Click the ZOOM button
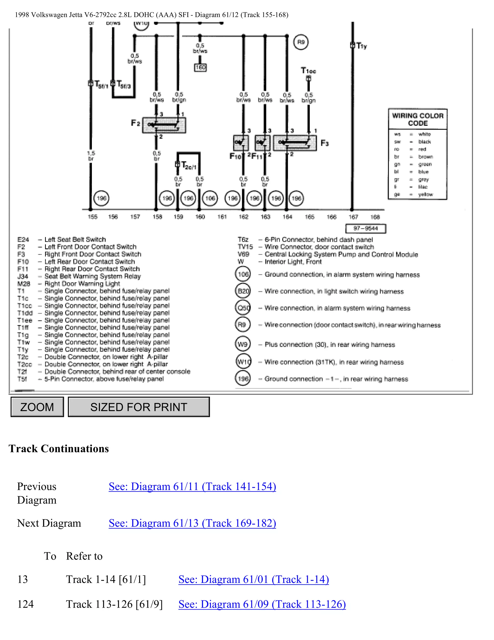pyautogui.click(x=37, y=407)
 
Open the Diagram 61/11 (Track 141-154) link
pyautogui.click(x=192, y=487)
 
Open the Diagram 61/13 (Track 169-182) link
pyautogui.click(x=192, y=523)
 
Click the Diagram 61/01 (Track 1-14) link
pyautogui.click(x=254, y=580)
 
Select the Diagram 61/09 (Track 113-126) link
pyautogui.click(x=262, y=604)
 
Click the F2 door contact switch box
pyautogui.click(x=164, y=125)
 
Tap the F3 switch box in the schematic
pyautogui.click(x=295, y=143)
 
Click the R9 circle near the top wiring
pyautogui.click(x=301, y=42)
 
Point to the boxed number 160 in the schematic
pyautogui.click(x=200, y=68)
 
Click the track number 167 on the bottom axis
pyautogui.click(x=353, y=217)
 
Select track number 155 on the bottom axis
pyautogui.click(x=92, y=217)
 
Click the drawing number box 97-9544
pyautogui.click(x=365, y=228)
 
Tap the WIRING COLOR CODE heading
pyautogui.click(x=418, y=119)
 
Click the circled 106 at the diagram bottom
pyautogui.click(x=210, y=198)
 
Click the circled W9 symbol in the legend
pyautogui.click(x=243, y=344)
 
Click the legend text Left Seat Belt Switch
pyautogui.click(x=75, y=239)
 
